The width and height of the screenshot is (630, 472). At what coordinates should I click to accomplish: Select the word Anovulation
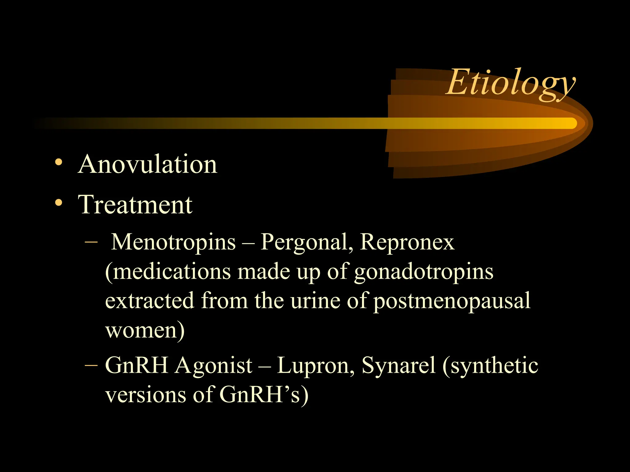click(x=148, y=164)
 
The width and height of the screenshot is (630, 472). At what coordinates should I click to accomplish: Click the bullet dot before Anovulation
click(x=58, y=162)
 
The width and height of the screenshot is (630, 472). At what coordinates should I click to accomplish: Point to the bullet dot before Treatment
click(x=58, y=202)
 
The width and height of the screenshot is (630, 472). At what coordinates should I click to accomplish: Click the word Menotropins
click(x=173, y=242)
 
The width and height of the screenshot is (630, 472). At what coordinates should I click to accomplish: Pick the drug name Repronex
click(x=407, y=242)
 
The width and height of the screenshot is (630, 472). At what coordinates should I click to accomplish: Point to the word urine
click(x=315, y=301)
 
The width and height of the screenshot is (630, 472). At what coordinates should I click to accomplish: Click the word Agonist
click(x=214, y=366)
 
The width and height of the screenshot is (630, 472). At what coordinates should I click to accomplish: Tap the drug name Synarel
click(x=399, y=366)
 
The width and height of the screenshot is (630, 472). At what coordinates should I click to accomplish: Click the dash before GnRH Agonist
click(x=91, y=365)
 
